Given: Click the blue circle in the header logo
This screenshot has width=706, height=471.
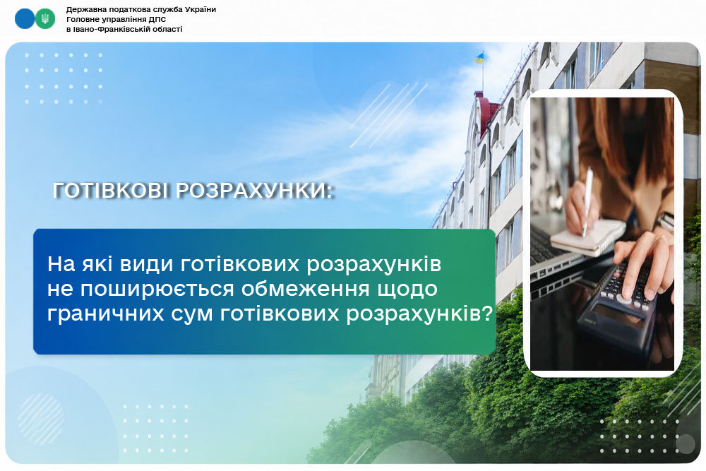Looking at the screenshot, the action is click(x=25, y=19).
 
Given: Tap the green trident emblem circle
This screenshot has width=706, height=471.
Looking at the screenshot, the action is click(x=45, y=19).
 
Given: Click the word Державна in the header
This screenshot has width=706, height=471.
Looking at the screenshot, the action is click(x=85, y=9).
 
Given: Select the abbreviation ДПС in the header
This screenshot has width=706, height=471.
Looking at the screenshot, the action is click(x=157, y=19).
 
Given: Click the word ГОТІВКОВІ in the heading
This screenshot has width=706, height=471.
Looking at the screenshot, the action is click(x=112, y=191).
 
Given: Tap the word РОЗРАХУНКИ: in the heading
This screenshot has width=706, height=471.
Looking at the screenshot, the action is click(x=254, y=191).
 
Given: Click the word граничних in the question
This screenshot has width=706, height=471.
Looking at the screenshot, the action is click(x=106, y=314).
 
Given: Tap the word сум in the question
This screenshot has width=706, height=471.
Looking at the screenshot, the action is click(x=192, y=314).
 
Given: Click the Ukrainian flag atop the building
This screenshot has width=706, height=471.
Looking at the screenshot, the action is click(x=479, y=58).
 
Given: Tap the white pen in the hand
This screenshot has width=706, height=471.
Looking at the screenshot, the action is click(x=587, y=201).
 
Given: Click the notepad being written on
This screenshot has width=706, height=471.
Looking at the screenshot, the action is click(x=587, y=237).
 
